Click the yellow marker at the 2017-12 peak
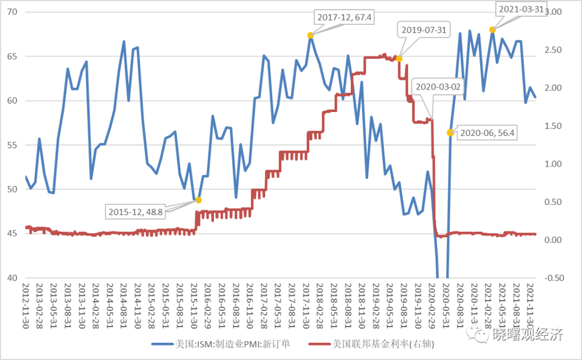click(x=310, y=35)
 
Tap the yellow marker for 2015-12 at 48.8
click(x=198, y=200)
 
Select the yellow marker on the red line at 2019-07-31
click(x=399, y=58)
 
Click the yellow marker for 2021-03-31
click(x=492, y=30)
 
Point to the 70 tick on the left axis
click(x=13, y=12)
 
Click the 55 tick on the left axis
click(x=13, y=145)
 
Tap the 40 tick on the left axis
click(x=13, y=278)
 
